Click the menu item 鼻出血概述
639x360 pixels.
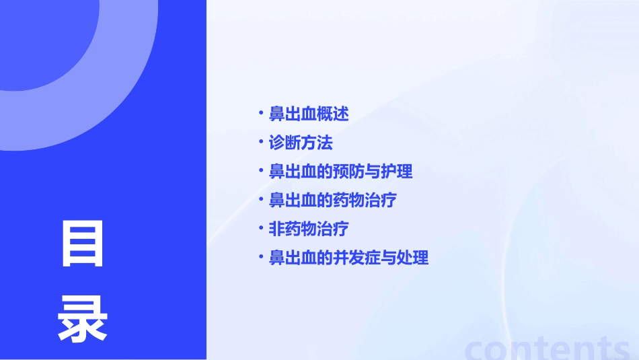pyautogui.click(x=309, y=114)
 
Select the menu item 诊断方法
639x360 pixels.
pyautogui.click(x=301, y=143)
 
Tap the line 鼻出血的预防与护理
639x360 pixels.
pyautogui.click(x=340, y=172)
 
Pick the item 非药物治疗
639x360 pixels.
pyautogui.click(x=309, y=229)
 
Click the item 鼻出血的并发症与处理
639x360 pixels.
pyautogui.click(x=348, y=258)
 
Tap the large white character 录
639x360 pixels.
pyautogui.click(x=83, y=320)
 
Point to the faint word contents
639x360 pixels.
pyautogui.click(x=548, y=348)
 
